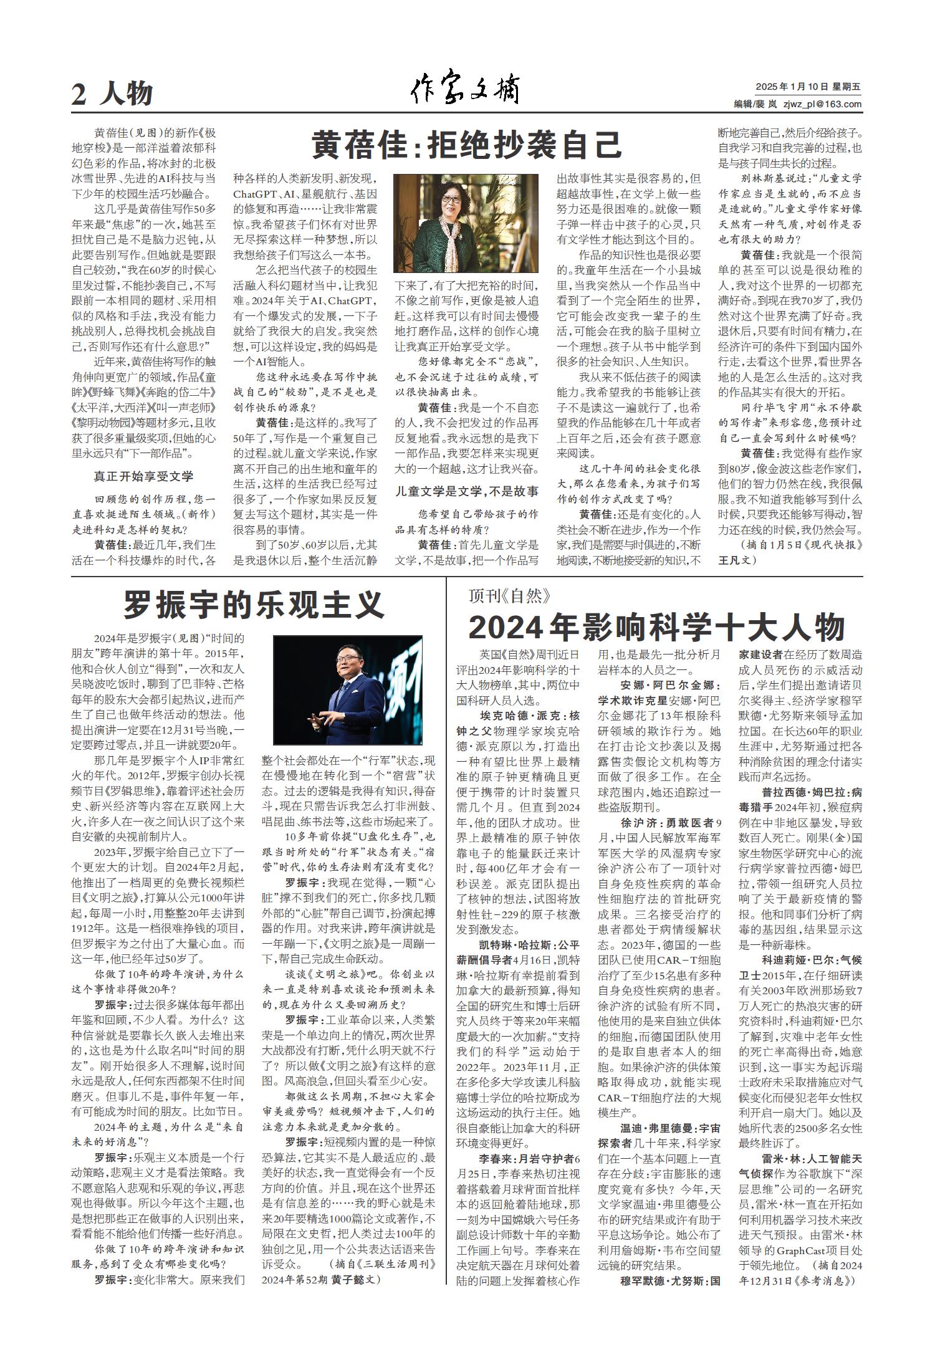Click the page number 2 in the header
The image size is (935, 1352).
[x=79, y=94]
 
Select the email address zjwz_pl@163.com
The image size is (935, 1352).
[x=822, y=104]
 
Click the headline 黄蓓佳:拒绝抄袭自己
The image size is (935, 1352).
[x=467, y=145]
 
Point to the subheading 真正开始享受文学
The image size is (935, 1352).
[x=143, y=476]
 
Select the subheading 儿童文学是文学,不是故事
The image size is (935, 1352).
[x=466, y=492]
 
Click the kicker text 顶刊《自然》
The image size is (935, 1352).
[x=510, y=597]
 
